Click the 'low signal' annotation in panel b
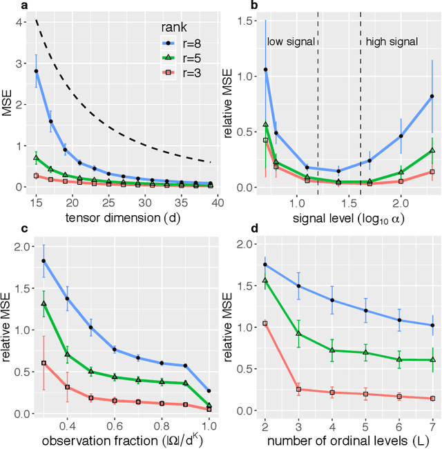(x=290, y=42)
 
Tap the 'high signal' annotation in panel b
(x=391, y=42)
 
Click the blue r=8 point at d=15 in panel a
(x=36, y=71)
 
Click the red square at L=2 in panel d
(x=265, y=323)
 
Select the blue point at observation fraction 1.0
(x=209, y=390)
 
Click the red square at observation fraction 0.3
(x=44, y=363)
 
